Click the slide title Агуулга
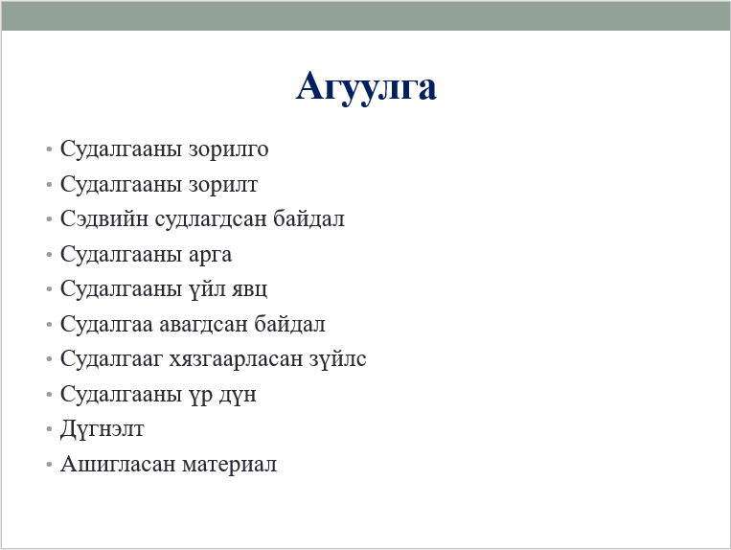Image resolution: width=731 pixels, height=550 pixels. coord(366,86)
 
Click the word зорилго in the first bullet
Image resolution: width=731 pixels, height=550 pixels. coord(228,149)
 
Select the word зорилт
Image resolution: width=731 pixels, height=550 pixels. coord(223,185)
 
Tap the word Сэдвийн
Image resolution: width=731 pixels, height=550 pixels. coord(104,218)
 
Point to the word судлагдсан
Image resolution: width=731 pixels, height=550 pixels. coord(214,219)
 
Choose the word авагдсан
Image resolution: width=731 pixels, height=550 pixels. coord(204,325)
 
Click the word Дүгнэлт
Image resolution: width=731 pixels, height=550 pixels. coord(103,429)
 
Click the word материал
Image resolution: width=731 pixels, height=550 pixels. coord(229,465)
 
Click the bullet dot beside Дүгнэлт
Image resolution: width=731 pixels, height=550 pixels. coord(49,429)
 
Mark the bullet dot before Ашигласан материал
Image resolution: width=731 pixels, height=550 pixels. coord(49,464)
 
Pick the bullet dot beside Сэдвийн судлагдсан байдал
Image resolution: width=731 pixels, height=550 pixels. coord(49,219)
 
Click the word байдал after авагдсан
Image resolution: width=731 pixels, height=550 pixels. coord(289,324)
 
